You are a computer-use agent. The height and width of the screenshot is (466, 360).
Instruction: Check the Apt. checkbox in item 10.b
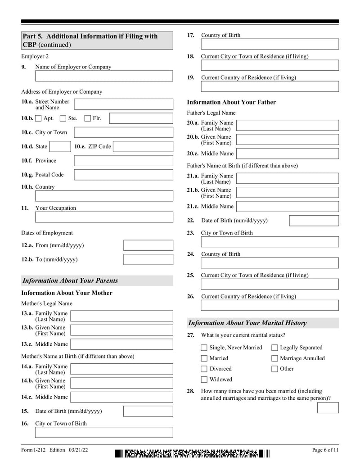(38, 118)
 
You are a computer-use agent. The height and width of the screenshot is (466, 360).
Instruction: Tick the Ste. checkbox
(63, 118)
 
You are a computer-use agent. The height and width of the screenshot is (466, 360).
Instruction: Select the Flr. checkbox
(88, 118)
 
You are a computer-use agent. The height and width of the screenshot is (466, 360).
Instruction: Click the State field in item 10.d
(59, 146)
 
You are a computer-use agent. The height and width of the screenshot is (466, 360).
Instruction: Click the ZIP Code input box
(143, 146)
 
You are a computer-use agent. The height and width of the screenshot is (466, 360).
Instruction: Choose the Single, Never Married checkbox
(204, 348)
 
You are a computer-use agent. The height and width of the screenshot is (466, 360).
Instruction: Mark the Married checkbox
(204, 358)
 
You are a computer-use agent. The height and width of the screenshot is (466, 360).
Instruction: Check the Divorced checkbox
(204, 369)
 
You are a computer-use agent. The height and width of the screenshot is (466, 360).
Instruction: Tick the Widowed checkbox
(204, 380)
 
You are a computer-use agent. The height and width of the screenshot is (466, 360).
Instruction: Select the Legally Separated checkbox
(274, 348)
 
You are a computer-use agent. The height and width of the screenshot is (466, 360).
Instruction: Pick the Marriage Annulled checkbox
(274, 358)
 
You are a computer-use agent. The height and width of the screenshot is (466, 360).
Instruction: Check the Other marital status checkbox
(274, 369)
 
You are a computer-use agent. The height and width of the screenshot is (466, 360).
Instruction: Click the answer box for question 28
(328, 407)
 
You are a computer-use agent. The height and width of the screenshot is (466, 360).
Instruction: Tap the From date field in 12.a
(148, 245)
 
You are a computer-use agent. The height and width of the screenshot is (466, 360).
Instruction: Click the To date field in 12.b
(148, 260)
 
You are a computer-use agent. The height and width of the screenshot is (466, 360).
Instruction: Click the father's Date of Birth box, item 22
(314, 221)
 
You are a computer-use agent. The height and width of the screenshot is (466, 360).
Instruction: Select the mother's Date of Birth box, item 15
(148, 411)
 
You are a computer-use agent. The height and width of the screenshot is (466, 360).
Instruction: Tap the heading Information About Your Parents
(70, 281)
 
